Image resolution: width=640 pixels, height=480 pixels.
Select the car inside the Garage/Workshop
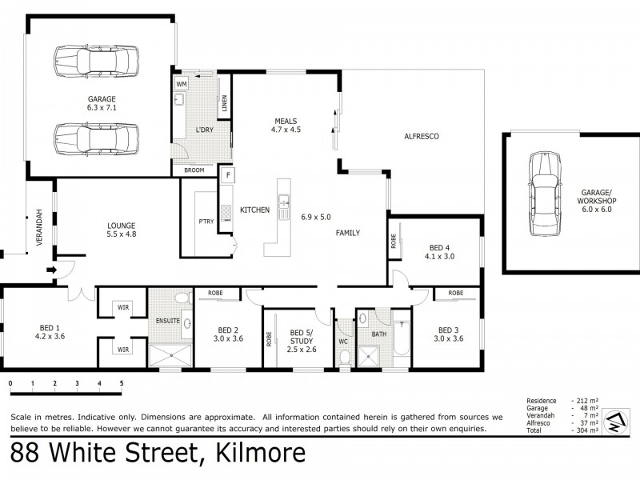click(x=545, y=193)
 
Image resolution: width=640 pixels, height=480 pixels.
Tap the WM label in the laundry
click(x=182, y=84)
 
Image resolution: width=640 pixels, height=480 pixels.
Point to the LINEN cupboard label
click(x=225, y=103)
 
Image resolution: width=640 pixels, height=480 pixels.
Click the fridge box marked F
click(x=228, y=174)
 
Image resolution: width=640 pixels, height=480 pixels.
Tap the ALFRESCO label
click(x=422, y=137)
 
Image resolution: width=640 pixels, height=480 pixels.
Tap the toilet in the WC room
click(x=344, y=358)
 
